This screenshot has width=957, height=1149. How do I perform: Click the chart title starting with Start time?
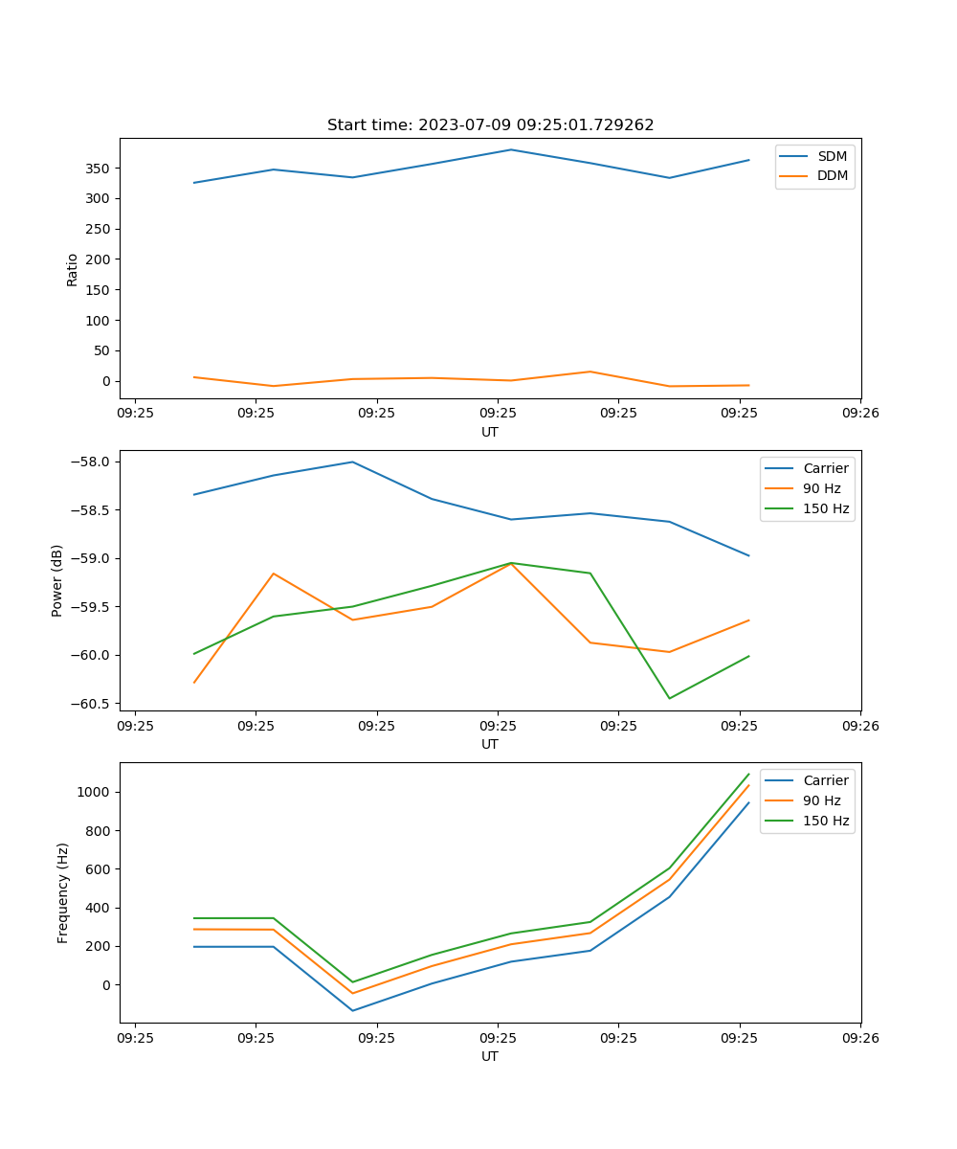[x=490, y=125]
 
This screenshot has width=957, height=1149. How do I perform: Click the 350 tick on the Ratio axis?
[x=99, y=169]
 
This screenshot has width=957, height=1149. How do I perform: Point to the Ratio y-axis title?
[x=73, y=269]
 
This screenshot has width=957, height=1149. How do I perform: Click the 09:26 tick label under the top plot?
[x=859, y=414]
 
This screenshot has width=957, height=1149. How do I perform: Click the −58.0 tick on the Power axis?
[x=94, y=462]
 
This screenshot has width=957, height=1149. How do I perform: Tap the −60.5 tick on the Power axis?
[x=94, y=704]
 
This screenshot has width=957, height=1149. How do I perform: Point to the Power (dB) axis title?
[x=57, y=580]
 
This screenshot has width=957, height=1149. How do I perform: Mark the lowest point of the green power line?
[x=669, y=698]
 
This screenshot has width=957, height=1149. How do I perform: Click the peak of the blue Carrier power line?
[x=352, y=462]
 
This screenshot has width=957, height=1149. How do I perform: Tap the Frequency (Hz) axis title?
[x=63, y=892]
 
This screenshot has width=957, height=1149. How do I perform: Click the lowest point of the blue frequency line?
[x=352, y=1010]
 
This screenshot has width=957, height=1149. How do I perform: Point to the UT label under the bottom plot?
[x=490, y=1057]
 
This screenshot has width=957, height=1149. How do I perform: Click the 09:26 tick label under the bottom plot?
[x=859, y=1038]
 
